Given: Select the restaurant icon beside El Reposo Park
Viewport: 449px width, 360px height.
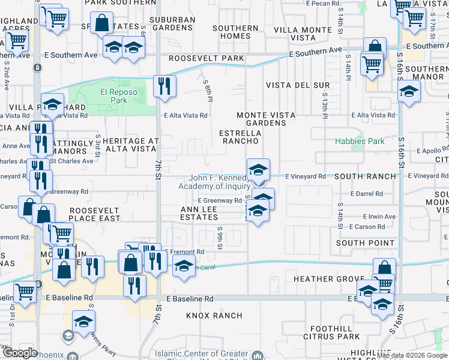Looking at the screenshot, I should tap(163, 86).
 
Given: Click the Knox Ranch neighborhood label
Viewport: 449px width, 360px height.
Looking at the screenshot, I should tap(214, 315).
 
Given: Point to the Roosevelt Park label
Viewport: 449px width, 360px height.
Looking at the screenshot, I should tap(206, 58).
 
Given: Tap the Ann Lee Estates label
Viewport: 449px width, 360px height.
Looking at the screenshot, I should tap(202, 213).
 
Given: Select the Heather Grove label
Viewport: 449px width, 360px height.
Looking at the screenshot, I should tap(324, 280).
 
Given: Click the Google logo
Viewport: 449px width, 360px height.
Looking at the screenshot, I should tap(19, 353).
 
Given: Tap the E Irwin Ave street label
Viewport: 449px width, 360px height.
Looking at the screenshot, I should tap(379, 217).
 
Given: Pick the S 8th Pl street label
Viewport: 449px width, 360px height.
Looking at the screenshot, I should tap(208, 91).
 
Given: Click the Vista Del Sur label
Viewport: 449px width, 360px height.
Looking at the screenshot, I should tap(298, 85).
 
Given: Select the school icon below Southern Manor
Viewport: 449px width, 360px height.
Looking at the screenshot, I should tap(409, 92).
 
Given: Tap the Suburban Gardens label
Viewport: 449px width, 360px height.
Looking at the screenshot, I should tap(172, 23).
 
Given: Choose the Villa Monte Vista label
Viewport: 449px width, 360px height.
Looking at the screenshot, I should tap(303, 33).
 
